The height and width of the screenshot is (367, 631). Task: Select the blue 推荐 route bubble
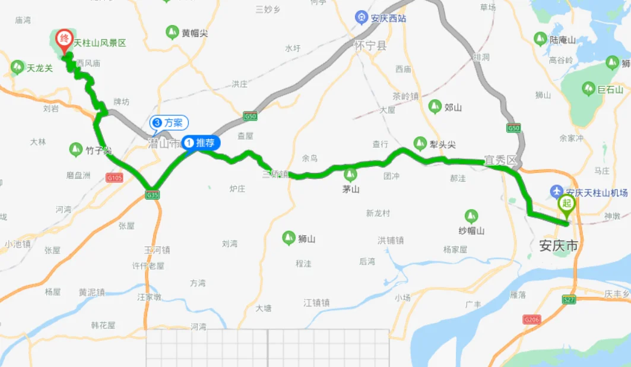click(202, 143)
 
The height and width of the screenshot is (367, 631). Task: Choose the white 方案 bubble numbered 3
click(169, 123)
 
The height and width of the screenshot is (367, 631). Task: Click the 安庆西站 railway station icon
click(360, 18)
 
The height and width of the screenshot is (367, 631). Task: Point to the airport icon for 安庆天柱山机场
click(556, 192)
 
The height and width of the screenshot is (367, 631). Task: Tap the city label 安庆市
click(558, 245)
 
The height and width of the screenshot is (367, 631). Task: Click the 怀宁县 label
click(369, 45)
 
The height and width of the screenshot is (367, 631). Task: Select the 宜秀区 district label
click(501, 160)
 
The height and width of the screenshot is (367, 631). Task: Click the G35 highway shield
click(152, 194)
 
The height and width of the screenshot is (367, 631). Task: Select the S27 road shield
click(569, 300)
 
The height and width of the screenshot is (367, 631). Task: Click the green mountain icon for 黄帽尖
click(172, 32)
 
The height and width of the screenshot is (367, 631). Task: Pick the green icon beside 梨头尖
click(420, 143)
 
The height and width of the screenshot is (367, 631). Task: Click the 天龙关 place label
click(40, 68)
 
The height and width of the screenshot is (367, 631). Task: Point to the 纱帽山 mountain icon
click(471, 216)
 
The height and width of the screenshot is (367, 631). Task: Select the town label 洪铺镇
click(391, 241)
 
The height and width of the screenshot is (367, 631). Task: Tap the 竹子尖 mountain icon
click(76, 149)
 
